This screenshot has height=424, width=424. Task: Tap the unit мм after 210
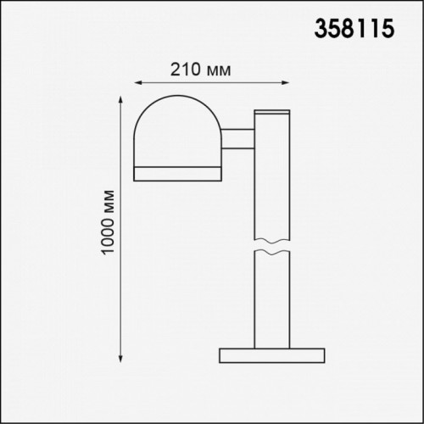pyautogui.click(x=219, y=69)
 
